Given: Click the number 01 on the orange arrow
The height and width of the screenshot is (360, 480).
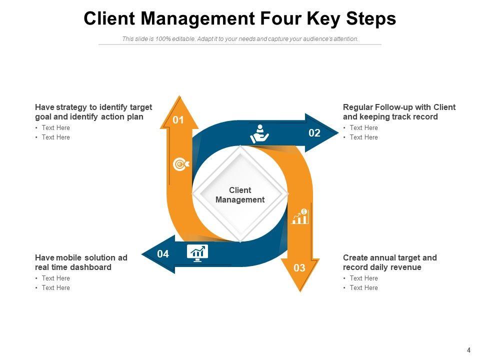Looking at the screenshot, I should click(178, 120).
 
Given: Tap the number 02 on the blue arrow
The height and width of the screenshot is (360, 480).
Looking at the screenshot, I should click(314, 133).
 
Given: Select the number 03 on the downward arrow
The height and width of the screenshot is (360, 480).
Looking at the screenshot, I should click(299, 268).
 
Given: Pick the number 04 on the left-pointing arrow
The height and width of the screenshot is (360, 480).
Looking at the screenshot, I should click(163, 254).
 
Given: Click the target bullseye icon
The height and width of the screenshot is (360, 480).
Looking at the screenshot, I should click(180, 164).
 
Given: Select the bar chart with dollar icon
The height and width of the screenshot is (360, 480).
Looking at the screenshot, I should click(300, 216).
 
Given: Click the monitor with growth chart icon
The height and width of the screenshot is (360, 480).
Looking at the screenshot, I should click(197, 252).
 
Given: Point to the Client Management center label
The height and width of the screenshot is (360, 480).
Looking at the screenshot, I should click(240, 195).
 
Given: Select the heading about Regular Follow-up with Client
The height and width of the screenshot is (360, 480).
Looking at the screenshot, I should click(399, 112).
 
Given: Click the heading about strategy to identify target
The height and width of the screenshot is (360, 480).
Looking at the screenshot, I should click(93, 112).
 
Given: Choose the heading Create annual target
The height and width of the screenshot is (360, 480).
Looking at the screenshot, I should click(389, 262).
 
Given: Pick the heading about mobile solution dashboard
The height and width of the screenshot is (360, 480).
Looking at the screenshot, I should click(81, 262).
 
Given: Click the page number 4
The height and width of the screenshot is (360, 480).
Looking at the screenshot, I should click(468, 350).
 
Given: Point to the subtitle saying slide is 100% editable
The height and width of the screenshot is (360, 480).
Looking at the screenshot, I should click(240, 39).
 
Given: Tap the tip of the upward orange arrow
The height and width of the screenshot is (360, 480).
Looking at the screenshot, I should click(178, 97).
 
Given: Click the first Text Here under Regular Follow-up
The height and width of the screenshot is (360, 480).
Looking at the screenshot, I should click(363, 128).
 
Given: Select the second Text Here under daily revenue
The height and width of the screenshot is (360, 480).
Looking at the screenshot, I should click(363, 288).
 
